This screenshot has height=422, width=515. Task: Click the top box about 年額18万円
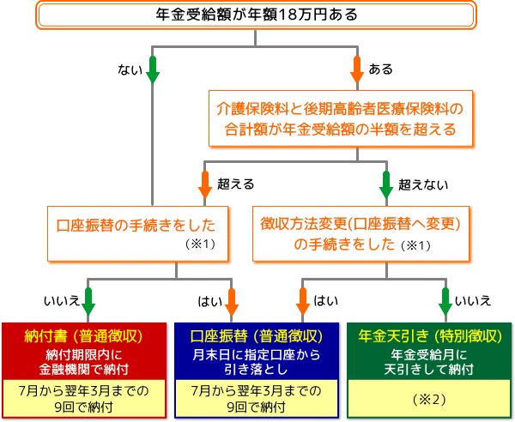point(257,15)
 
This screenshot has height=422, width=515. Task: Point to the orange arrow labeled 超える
point(205,184)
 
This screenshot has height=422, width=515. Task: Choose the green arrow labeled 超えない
point(385,184)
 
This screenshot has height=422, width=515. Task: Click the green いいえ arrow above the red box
point(88,300)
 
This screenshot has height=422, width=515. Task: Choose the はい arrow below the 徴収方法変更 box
point(303,300)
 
